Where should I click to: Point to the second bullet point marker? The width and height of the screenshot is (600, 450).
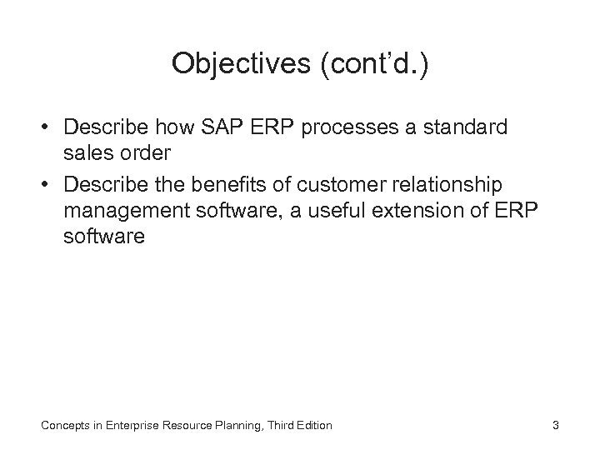(x=49, y=185)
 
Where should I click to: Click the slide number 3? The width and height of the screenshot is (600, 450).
(x=555, y=426)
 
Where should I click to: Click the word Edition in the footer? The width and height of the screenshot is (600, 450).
(x=312, y=426)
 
